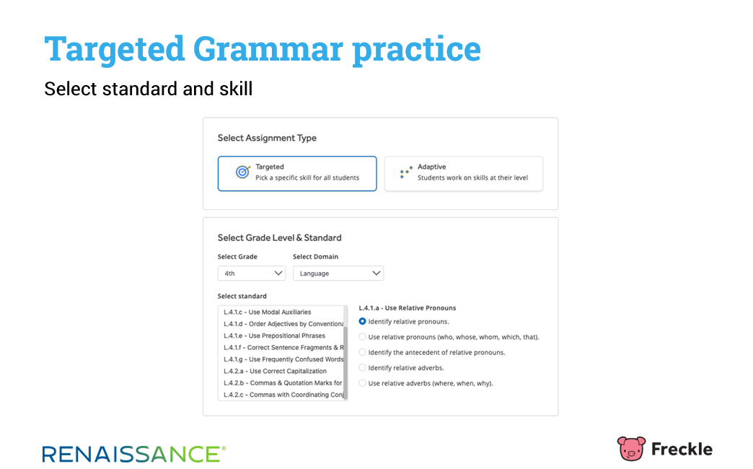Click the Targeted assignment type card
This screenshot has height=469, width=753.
click(296, 173)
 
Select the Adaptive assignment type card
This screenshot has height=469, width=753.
click(464, 173)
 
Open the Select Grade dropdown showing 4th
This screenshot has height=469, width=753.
click(251, 273)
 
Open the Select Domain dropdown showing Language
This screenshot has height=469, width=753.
click(338, 273)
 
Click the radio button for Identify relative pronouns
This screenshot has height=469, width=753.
click(363, 322)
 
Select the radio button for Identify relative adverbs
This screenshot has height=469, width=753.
click(363, 367)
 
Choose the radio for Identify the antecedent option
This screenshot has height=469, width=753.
click(363, 352)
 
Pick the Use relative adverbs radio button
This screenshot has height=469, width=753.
click(363, 383)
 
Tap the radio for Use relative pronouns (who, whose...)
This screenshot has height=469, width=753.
click(363, 337)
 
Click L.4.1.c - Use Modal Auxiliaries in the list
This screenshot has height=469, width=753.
click(268, 312)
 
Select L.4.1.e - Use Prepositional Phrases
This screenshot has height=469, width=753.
click(274, 336)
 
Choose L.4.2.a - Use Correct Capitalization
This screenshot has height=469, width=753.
click(276, 372)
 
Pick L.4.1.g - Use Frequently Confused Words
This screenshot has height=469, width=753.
click(283, 359)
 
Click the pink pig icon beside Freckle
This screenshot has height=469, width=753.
click(631, 448)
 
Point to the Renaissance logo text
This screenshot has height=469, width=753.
click(133, 454)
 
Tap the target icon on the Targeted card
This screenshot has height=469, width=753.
click(242, 172)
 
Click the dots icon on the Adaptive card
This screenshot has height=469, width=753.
click(406, 172)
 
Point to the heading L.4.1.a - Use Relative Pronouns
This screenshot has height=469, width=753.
click(408, 308)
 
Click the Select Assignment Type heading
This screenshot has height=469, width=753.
click(267, 139)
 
